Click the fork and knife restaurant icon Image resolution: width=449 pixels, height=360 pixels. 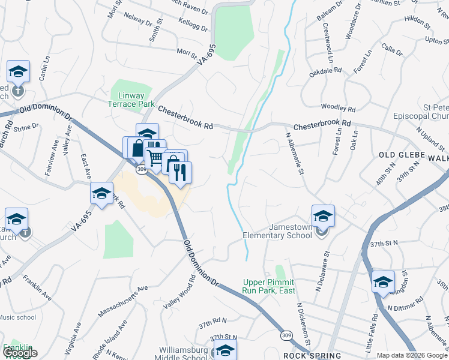coord(180,173)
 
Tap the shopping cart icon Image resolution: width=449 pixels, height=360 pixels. coord(155,158)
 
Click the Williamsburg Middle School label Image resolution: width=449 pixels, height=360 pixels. coord(184,354)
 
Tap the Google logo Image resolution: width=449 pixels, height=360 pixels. coord(19,353)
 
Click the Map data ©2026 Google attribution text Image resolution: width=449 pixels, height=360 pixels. coord(411,355)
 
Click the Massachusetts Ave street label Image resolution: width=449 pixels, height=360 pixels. coord(122,299)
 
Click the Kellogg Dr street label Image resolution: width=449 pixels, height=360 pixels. coord(193,25)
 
